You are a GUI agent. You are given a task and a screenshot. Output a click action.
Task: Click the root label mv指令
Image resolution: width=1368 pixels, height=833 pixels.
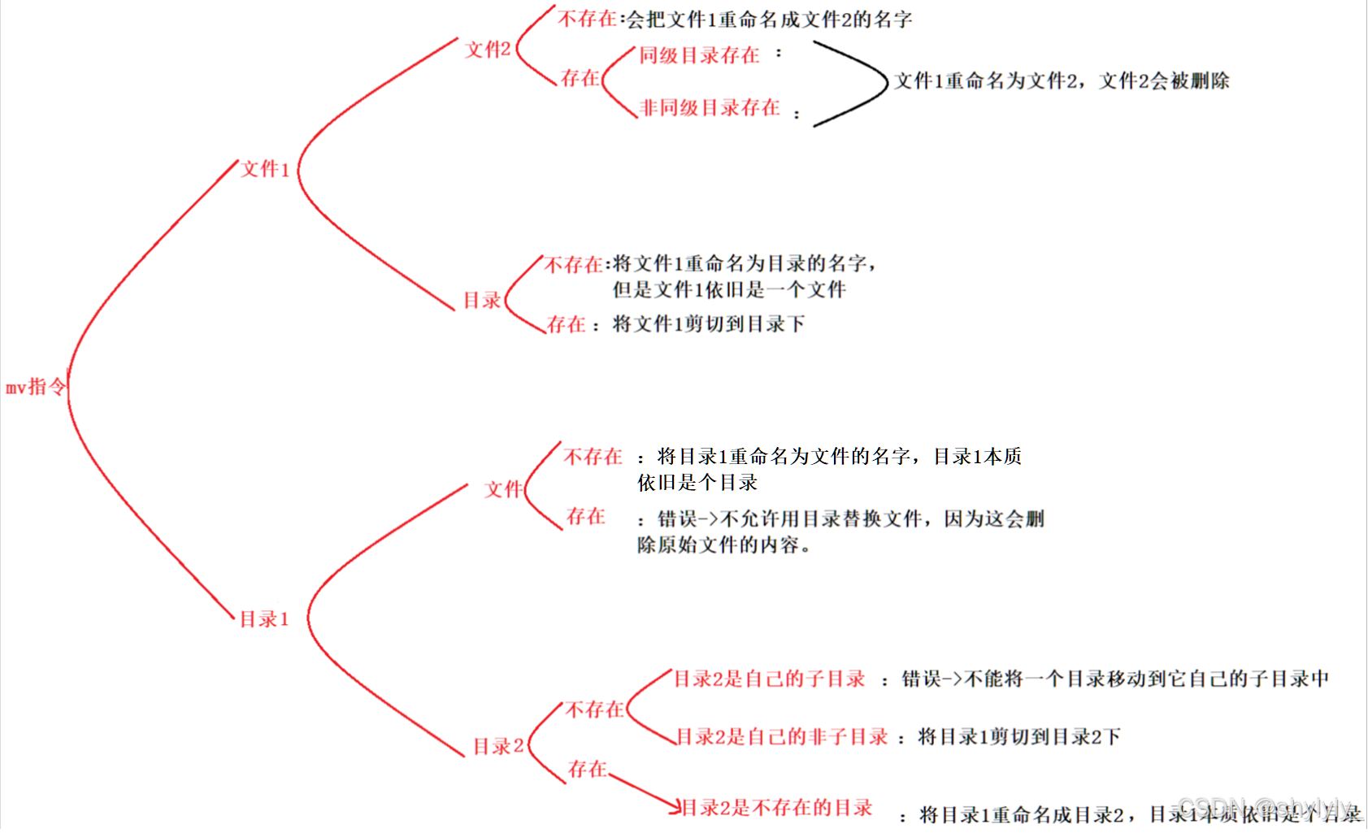point(35,387)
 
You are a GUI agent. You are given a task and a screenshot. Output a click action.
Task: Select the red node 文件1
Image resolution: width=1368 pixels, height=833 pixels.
point(265,169)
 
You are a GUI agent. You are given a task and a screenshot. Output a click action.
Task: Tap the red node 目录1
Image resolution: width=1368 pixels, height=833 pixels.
point(264,619)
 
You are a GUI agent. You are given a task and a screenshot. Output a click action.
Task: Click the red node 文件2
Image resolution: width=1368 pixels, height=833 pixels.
point(488,50)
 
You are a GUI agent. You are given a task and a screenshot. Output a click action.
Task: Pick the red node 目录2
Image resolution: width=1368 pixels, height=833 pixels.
point(498,746)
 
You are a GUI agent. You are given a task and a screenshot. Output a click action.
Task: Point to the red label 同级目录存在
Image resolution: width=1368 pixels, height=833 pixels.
point(699,55)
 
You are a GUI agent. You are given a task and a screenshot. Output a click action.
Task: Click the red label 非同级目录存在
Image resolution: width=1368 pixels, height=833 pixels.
point(710,108)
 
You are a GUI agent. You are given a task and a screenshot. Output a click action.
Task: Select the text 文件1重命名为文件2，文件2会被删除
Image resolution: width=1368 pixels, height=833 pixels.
point(1062,81)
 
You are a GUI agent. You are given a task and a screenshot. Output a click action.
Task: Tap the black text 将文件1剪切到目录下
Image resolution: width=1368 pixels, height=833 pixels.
point(708,324)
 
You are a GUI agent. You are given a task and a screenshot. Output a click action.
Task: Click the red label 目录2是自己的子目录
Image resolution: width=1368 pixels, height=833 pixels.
point(769,679)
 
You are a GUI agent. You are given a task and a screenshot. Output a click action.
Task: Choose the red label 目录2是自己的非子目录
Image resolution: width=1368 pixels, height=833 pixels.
point(782,737)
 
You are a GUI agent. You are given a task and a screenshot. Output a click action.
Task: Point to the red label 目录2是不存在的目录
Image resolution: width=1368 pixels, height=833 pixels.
point(776,808)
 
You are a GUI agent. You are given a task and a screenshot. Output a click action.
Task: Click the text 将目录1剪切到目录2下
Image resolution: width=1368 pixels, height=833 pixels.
point(1019,737)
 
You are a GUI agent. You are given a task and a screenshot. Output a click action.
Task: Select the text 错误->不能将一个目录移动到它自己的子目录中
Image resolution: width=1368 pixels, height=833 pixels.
point(1115,679)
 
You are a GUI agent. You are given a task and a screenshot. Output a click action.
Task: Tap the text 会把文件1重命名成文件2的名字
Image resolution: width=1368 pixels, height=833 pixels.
point(769,20)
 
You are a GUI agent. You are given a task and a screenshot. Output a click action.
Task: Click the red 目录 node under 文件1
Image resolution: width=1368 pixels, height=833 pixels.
point(482,301)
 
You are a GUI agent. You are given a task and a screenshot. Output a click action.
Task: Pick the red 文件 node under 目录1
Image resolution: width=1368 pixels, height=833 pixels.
point(503,489)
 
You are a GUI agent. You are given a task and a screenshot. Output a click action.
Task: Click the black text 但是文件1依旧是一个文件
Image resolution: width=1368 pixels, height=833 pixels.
point(729,289)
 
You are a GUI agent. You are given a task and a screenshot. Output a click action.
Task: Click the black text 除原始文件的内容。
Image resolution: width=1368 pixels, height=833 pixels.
point(724,545)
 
